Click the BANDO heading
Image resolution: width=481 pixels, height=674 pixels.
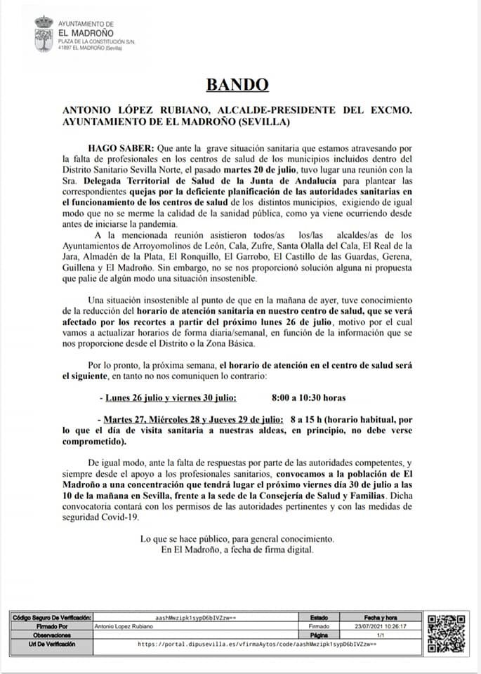237,85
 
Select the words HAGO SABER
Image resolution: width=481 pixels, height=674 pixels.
120,149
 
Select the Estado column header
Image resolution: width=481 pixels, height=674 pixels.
318,617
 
